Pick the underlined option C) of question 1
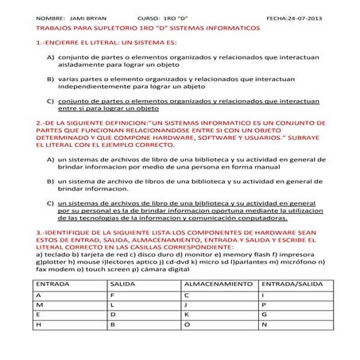tap(50, 101)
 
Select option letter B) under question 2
tap(50, 181)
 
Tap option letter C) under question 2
tap(50, 203)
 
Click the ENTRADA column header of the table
tap(53, 283)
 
